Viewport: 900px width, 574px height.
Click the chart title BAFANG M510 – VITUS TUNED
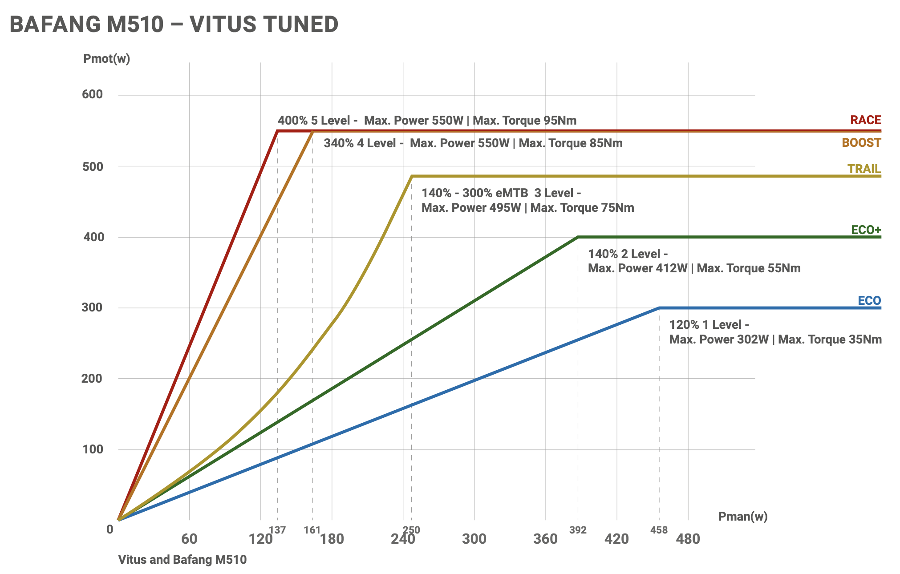pyautogui.click(x=174, y=24)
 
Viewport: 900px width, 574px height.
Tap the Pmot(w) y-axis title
pyautogui.click(x=106, y=58)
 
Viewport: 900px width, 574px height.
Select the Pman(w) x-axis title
pyautogui.click(x=742, y=516)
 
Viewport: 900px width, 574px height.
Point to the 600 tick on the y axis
pyautogui.click(x=93, y=94)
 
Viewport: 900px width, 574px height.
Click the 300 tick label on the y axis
pyautogui.click(x=93, y=307)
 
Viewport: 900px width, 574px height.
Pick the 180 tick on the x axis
pyautogui.click(x=332, y=539)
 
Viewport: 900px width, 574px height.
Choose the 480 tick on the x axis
pyautogui.click(x=688, y=539)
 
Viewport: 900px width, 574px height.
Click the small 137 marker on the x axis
pyautogui.click(x=277, y=530)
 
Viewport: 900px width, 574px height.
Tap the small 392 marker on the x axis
pyautogui.click(x=578, y=530)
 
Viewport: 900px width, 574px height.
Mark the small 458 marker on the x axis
pyautogui.click(x=659, y=530)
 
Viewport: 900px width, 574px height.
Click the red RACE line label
pyautogui.click(x=865, y=120)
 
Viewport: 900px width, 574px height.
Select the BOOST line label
pyautogui.click(x=861, y=143)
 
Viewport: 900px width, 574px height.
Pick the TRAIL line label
pyautogui.click(x=864, y=169)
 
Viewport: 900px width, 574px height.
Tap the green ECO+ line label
pyautogui.click(x=866, y=230)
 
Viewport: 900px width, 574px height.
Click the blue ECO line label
pyautogui.click(x=869, y=301)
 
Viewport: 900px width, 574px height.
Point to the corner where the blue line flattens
pyautogui.click(x=659, y=308)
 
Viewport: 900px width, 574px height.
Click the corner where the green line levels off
pyautogui.click(x=578, y=237)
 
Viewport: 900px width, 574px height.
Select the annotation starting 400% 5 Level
pyautogui.click(x=427, y=121)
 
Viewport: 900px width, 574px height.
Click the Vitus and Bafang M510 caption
pyautogui.click(x=182, y=559)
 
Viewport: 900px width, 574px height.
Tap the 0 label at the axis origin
pyautogui.click(x=110, y=530)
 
